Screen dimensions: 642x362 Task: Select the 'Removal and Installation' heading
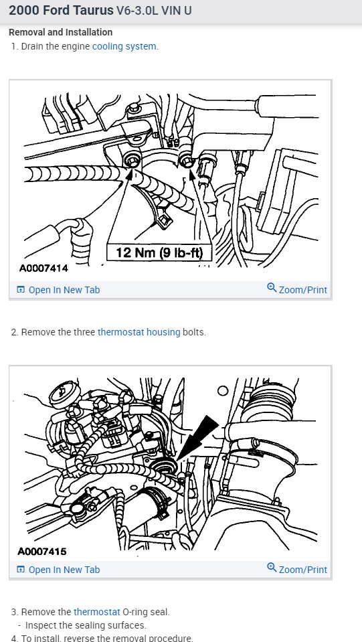[x=60, y=32]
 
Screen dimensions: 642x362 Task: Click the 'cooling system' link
[x=124, y=46]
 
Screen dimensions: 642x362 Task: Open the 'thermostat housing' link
[x=139, y=332]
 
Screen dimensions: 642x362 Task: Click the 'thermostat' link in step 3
[x=97, y=612]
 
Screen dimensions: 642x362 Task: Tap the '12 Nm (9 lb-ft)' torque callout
[x=159, y=253]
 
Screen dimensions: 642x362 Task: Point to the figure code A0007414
[x=43, y=268]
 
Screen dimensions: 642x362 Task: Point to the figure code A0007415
[x=43, y=553]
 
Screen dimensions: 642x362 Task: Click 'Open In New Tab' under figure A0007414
[x=64, y=290]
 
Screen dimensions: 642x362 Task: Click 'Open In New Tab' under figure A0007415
[x=64, y=570]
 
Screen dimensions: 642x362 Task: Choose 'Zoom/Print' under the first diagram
[x=302, y=290]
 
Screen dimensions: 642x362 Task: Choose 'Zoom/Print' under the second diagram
[x=302, y=570]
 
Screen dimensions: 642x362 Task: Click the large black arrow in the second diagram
[x=201, y=435]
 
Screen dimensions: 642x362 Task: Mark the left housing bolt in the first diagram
[x=131, y=160]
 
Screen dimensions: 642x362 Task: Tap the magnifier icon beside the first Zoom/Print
[x=272, y=288]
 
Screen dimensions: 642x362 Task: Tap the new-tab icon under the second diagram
[x=21, y=570]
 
